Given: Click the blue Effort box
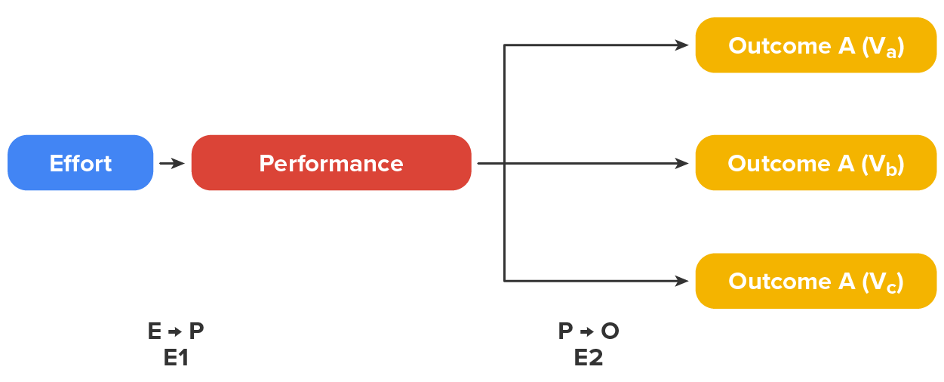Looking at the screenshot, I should pyautogui.click(x=81, y=163).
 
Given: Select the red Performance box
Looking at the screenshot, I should pyautogui.click(x=331, y=163).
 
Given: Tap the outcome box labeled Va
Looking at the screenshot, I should pyautogui.click(x=815, y=45).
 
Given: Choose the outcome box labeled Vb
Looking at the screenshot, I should pyautogui.click(x=815, y=163).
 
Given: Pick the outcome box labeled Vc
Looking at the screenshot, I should pyautogui.click(x=815, y=281).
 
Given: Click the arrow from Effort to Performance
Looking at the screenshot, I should pyautogui.click(x=172, y=163).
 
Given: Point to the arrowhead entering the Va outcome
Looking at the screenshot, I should pyautogui.click(x=682, y=45).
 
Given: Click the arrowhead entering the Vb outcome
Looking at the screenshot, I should pyautogui.click(x=682, y=163).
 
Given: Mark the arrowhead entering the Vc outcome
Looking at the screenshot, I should pyautogui.click(x=682, y=281).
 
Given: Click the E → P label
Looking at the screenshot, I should pyautogui.click(x=176, y=331).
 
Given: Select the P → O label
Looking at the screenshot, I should pyautogui.click(x=589, y=331).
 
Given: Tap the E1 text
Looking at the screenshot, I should pyautogui.click(x=176, y=358).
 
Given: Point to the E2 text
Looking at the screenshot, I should pyautogui.click(x=589, y=358).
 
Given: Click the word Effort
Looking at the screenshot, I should pyautogui.click(x=81, y=164).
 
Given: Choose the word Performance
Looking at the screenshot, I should pyautogui.click(x=331, y=164).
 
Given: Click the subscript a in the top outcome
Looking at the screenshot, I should pyautogui.click(x=891, y=51).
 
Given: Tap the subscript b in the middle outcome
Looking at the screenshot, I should pyautogui.click(x=891, y=168).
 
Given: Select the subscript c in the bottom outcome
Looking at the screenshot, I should pyautogui.click(x=891, y=287).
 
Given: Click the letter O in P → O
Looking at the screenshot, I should pyautogui.click(x=610, y=331).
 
